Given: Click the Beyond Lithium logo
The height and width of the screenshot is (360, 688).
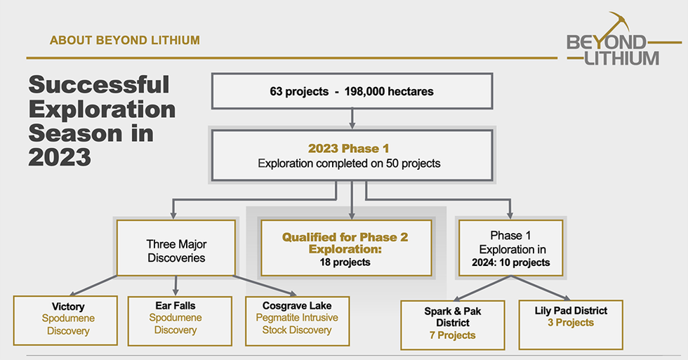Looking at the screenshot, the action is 623,39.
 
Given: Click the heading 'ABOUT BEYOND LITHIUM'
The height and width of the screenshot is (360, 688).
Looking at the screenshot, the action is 125,40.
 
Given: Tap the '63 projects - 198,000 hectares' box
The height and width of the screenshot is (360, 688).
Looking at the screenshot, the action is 352,91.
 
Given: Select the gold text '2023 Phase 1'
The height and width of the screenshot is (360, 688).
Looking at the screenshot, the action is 348,149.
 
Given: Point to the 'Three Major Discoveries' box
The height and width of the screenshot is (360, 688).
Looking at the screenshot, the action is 176,248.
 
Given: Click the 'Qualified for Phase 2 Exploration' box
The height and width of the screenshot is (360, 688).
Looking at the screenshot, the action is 346,248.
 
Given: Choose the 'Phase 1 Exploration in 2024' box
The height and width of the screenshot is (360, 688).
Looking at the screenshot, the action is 511,248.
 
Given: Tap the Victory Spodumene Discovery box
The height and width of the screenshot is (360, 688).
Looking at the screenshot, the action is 65,320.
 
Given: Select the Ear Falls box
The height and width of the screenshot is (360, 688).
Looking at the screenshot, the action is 180,321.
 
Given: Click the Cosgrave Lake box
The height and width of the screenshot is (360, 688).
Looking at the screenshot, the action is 298,321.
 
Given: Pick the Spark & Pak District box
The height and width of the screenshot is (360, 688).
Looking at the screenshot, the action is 453,325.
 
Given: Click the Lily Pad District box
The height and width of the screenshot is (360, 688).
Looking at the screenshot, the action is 571,324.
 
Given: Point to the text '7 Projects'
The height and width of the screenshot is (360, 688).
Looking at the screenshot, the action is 452,335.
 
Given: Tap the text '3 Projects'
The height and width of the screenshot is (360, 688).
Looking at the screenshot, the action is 570,323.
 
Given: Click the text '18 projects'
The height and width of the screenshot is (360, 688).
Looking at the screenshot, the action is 345,262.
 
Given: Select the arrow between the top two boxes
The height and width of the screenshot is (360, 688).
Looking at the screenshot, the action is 352,119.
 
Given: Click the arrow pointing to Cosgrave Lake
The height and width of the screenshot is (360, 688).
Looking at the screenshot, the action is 265,286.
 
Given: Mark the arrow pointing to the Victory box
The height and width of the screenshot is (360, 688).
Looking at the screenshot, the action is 93,286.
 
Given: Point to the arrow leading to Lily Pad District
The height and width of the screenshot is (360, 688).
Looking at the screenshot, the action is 541,288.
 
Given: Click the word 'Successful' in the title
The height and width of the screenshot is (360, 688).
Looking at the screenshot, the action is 99,85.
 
